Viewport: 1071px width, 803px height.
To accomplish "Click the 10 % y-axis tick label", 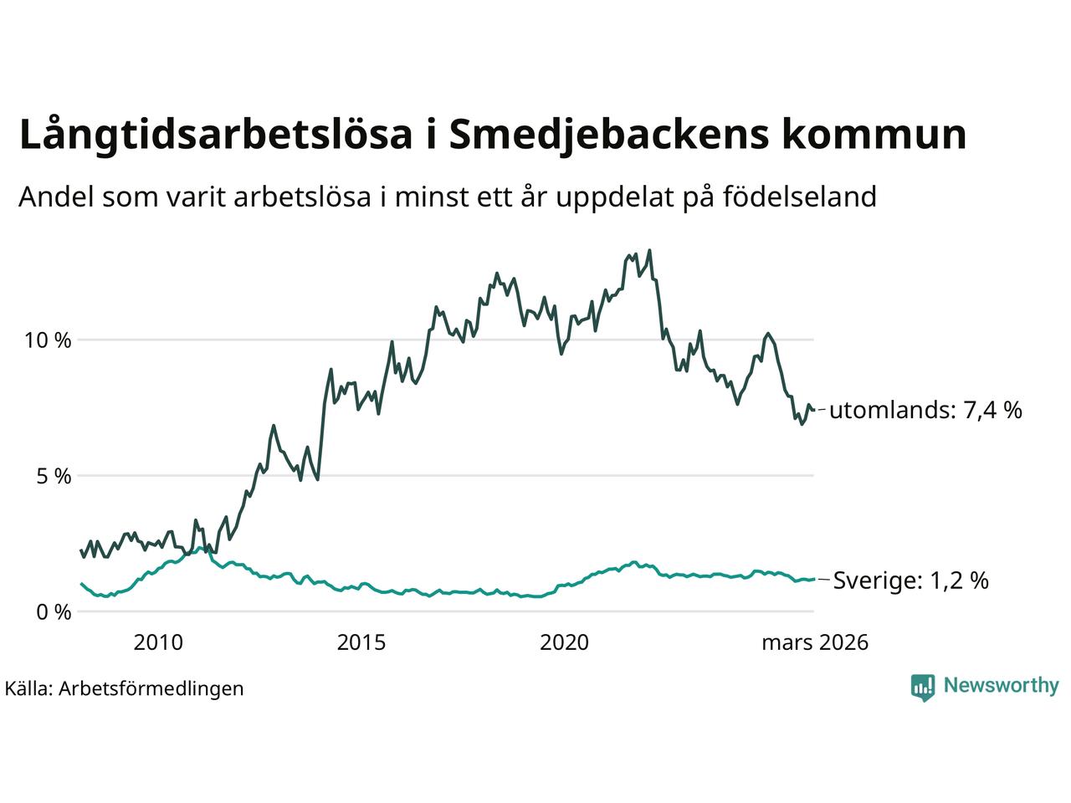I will (x=49, y=341).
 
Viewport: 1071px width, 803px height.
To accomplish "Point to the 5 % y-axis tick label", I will (x=53, y=477).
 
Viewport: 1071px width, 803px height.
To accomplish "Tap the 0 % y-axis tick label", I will (x=53, y=612).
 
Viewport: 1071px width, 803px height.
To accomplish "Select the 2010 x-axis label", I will (x=158, y=642).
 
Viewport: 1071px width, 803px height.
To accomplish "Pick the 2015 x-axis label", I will (x=361, y=642).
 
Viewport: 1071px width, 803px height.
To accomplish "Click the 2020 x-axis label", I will (x=565, y=642).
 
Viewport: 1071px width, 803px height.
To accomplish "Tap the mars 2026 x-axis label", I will (x=814, y=642).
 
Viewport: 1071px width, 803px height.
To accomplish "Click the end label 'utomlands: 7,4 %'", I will (x=925, y=411).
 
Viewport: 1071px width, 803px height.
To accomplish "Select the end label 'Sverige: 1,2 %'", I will (x=910, y=581).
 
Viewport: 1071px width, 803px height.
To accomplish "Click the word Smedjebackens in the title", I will (x=608, y=136).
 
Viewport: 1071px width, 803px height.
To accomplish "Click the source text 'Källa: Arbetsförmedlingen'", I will (x=124, y=688).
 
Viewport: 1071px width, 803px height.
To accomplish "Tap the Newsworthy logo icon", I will (x=922, y=687).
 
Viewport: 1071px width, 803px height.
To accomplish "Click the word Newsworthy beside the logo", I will (x=1001, y=686).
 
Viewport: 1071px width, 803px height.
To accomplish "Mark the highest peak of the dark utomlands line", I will (x=649, y=250).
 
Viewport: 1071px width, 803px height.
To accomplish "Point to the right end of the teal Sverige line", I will (x=813, y=579).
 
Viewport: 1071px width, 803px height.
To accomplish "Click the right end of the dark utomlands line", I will (x=813, y=409).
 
